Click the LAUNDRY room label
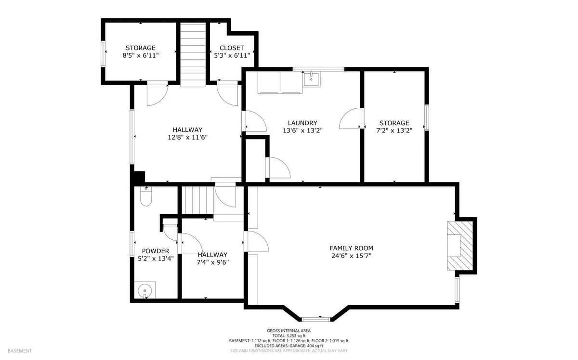[302, 123]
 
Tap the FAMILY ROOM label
[351, 248]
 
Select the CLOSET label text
[232, 48]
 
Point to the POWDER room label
[156, 251]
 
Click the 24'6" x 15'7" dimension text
[351, 256]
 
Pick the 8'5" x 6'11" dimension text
[141, 55]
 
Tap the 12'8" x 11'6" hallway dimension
[187, 137]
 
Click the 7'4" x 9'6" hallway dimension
[212, 262]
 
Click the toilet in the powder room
[146, 196]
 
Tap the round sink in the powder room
[145, 290]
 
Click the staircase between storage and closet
[193, 55]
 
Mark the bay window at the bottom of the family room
[316, 320]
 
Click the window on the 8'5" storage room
[103, 54]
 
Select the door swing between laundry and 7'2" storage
[350, 118]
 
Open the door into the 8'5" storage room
[158, 94]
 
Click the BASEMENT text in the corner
[20, 351]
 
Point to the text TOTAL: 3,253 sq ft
[289, 336]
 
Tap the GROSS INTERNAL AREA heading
[289, 331]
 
